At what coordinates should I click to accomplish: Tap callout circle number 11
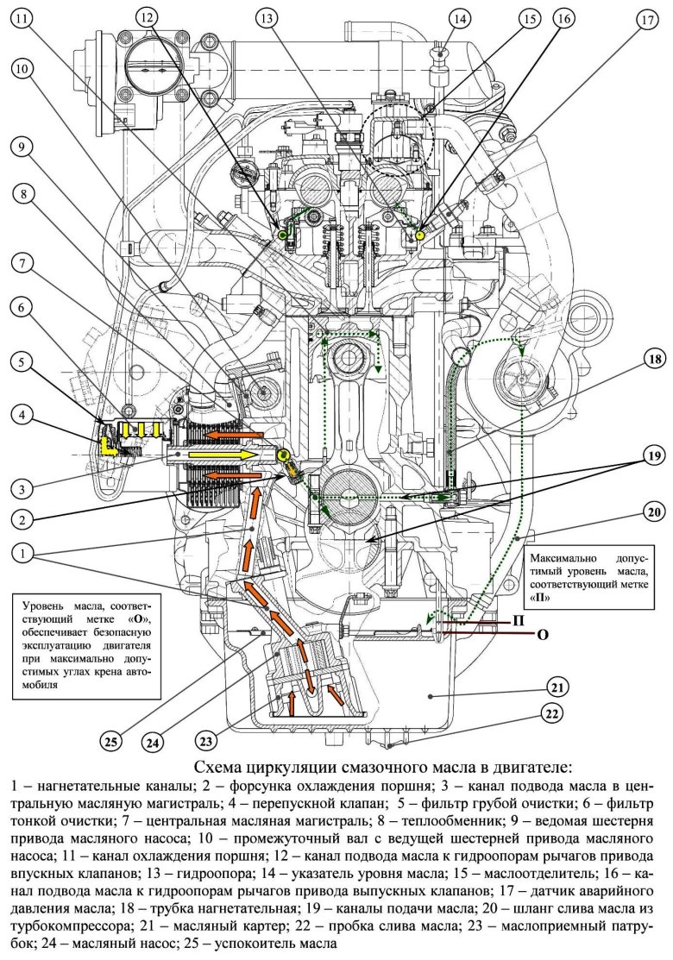click(x=23, y=19)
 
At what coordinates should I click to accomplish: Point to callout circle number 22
click(x=554, y=713)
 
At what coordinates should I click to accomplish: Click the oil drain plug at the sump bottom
click(x=391, y=744)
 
